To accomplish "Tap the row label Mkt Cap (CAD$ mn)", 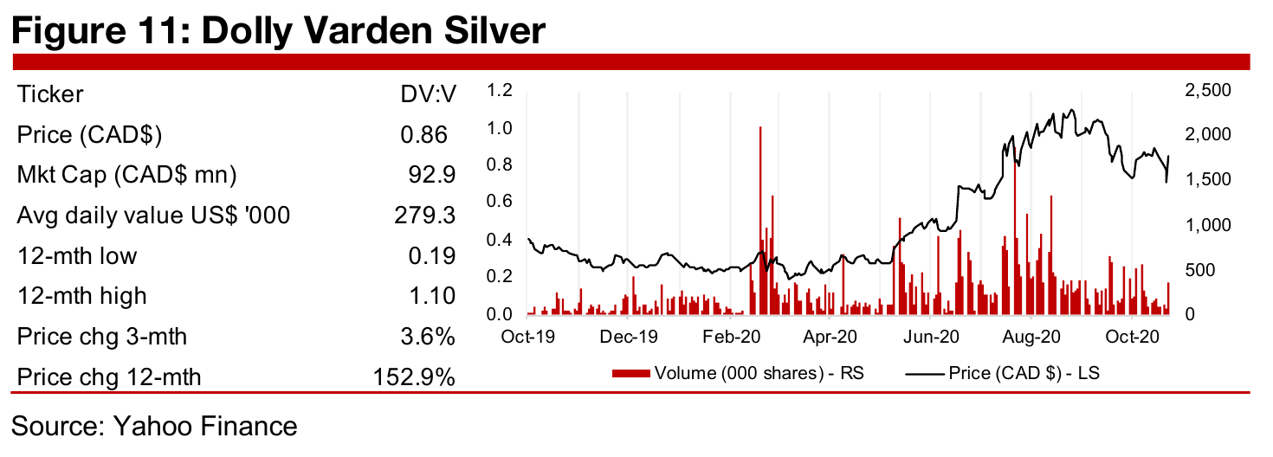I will pyautogui.click(x=126, y=176).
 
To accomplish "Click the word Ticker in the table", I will pyautogui.click(x=50, y=94).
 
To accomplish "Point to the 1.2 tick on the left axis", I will pyautogui.click(x=501, y=91).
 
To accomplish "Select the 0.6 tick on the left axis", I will pyautogui.click(x=501, y=202).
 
